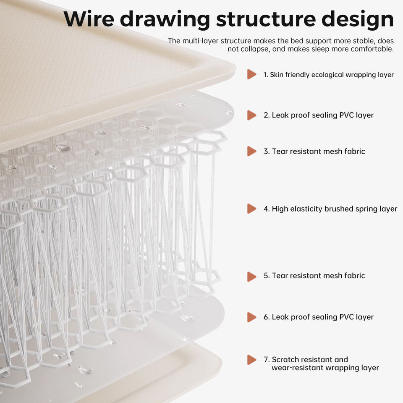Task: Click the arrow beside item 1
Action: tap(251, 74)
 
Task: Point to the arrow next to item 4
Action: tap(251, 209)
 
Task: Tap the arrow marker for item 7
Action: tap(251, 359)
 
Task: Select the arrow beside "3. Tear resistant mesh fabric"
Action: tap(251, 151)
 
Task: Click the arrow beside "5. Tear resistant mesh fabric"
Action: tap(251, 276)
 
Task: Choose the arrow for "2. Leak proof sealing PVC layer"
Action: tap(251, 115)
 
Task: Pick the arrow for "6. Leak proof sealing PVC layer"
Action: tap(251, 317)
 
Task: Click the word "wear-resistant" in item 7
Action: tap(297, 368)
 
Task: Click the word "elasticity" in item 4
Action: tap(306, 209)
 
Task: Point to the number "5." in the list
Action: tap(267, 276)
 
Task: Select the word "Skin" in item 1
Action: tap(277, 75)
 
